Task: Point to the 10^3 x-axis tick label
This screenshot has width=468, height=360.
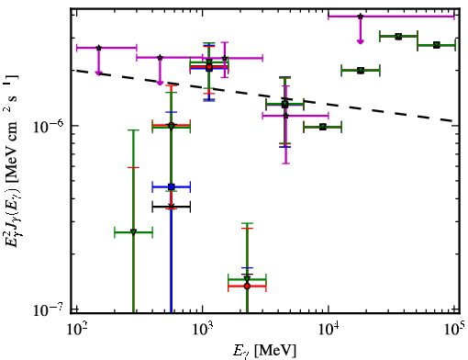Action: (x=203, y=330)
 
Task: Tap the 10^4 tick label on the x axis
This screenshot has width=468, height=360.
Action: (x=329, y=330)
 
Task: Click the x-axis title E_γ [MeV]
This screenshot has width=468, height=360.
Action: (x=264, y=351)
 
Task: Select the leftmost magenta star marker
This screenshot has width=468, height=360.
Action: (x=98, y=48)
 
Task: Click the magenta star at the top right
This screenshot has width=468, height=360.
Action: (x=361, y=17)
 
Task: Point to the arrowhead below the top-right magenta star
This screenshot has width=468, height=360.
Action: (x=361, y=41)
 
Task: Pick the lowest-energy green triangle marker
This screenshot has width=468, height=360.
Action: (x=133, y=231)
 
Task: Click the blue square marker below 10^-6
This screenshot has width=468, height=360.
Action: (x=172, y=186)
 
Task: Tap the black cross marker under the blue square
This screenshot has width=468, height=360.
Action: (x=172, y=207)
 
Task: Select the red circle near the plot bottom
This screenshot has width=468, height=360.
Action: (x=247, y=287)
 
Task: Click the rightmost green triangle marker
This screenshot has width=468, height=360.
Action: (x=437, y=45)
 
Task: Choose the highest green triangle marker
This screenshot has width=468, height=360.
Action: (x=398, y=37)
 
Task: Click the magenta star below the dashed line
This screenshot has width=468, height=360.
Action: (x=285, y=116)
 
